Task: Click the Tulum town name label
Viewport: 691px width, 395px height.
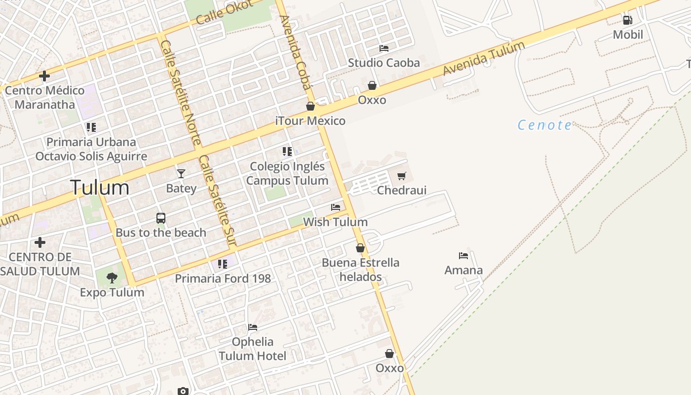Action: [x=99, y=188]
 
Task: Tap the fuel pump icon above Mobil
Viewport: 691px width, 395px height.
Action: [x=627, y=20]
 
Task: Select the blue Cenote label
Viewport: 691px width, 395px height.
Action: [x=544, y=125]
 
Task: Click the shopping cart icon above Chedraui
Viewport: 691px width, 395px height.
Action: [x=401, y=176]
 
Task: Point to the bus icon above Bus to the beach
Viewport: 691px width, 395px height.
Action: [x=160, y=218]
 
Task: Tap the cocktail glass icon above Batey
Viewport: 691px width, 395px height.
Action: [x=181, y=173]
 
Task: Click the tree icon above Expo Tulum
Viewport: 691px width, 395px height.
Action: [x=112, y=277]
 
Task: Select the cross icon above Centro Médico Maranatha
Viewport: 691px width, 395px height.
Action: [x=44, y=76]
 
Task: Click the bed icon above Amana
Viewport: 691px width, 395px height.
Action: [x=463, y=256]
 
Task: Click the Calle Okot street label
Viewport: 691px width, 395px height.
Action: [x=224, y=13]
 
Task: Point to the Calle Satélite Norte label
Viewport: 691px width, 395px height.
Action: [x=181, y=93]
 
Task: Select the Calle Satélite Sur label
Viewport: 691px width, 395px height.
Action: [x=217, y=200]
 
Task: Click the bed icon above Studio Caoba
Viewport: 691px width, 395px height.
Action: [x=384, y=48]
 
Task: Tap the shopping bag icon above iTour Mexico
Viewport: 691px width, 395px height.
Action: [x=310, y=106]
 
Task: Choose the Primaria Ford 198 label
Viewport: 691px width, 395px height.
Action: [x=223, y=278]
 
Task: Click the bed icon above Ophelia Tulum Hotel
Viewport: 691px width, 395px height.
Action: [x=253, y=327]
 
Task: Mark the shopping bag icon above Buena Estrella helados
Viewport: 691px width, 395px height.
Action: [x=360, y=248]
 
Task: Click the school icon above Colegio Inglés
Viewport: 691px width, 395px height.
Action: [x=287, y=152]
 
